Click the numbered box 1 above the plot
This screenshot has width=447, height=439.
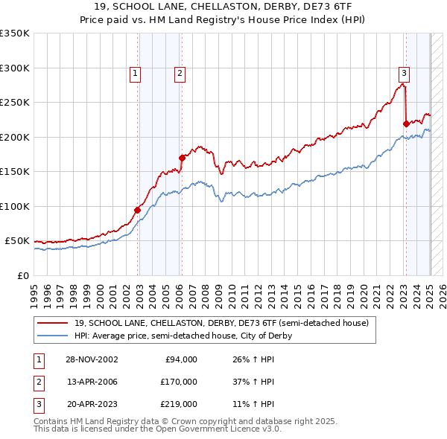135,73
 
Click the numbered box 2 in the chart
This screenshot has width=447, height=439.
180,73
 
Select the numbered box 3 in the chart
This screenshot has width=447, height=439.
403,73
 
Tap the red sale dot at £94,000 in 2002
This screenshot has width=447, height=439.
138,210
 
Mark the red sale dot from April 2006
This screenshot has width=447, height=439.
182,157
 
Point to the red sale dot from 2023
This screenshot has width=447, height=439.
405,124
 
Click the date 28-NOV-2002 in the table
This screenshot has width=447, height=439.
92,359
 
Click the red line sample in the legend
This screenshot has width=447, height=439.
52,324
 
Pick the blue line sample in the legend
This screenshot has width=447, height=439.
52,336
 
